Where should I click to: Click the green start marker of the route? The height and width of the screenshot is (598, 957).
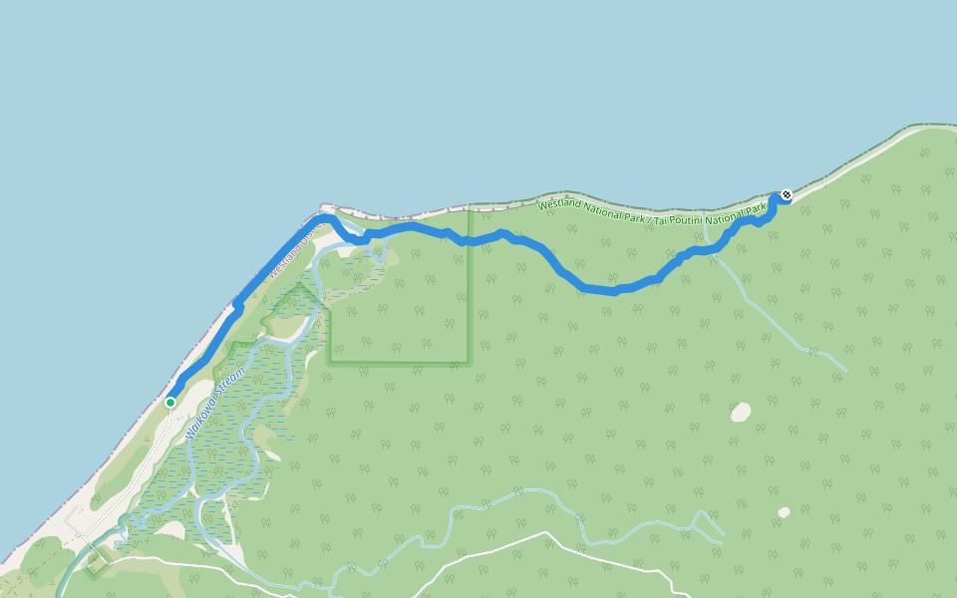pos(170,403)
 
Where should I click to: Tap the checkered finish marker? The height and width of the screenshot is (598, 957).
pos(787,194)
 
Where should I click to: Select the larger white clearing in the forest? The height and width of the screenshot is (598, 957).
pos(741,412)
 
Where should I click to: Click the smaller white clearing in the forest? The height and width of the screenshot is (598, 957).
pos(785,512)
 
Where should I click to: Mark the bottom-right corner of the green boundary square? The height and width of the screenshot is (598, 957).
pos(469,363)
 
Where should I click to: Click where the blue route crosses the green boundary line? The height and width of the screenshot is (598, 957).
pos(469,240)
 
